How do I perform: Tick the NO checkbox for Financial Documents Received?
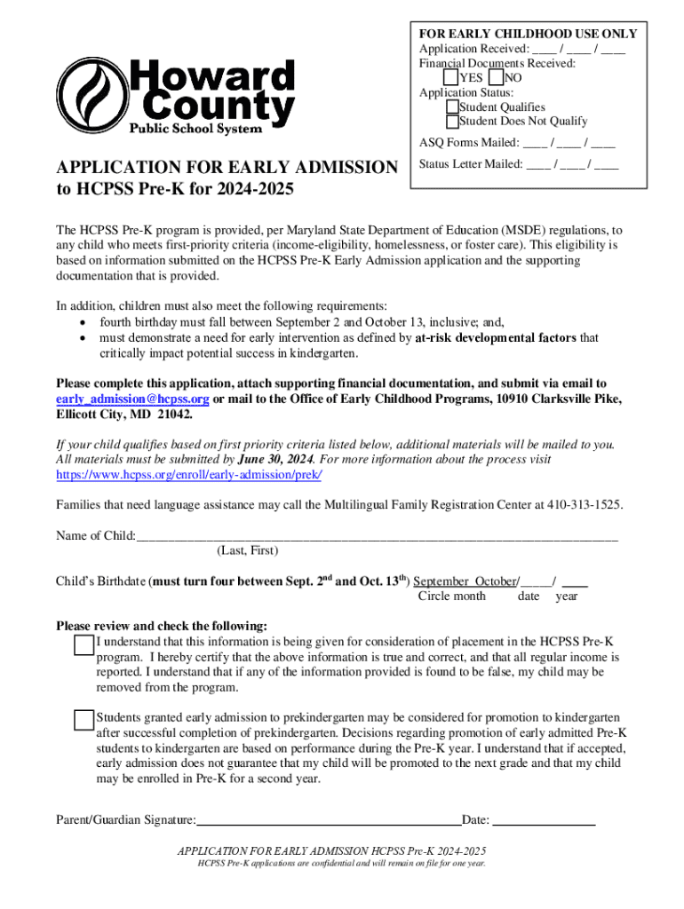click(496, 78)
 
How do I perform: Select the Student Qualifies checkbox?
click(452, 107)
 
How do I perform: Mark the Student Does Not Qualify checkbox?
click(452, 122)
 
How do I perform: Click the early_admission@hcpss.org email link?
click(132, 399)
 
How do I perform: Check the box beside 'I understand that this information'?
click(84, 644)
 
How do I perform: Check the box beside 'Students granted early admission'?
click(84, 720)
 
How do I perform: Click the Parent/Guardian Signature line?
click(329, 820)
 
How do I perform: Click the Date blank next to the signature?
click(544, 820)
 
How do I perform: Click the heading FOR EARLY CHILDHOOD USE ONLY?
click(529, 34)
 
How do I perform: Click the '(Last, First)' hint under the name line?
click(248, 551)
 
